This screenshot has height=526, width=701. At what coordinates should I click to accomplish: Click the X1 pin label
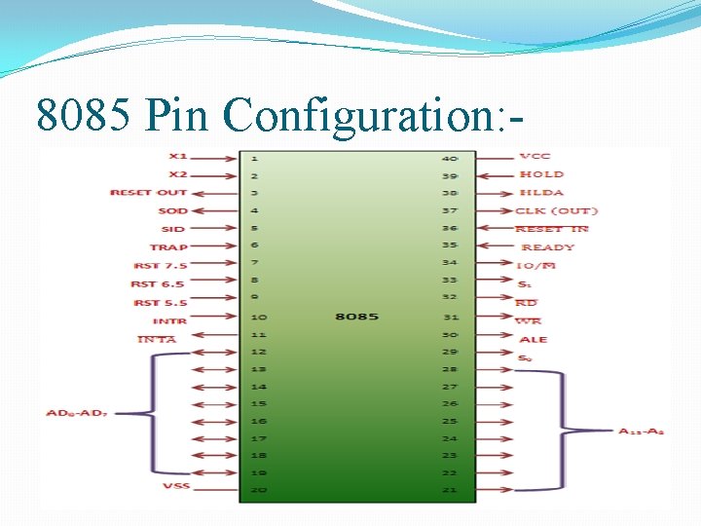(177, 156)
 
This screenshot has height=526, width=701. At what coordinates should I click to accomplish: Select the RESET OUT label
(148, 193)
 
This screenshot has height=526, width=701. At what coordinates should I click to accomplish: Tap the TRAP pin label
(168, 247)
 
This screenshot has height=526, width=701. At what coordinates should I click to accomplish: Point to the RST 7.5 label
(160, 265)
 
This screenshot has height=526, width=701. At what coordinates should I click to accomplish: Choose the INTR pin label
(169, 320)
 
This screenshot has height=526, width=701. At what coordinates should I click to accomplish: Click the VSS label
(175, 485)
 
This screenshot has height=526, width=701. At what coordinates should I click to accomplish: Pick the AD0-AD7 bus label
(77, 414)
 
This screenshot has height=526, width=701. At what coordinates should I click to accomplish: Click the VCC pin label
(535, 156)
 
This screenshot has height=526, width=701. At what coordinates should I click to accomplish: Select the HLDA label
(541, 193)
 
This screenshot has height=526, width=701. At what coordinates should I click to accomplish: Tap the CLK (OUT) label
(556, 210)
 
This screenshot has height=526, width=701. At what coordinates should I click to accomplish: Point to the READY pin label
(548, 247)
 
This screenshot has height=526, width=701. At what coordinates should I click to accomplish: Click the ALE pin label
(534, 339)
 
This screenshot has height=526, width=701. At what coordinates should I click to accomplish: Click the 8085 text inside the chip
(356, 317)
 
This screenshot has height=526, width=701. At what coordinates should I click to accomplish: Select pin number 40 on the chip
(449, 158)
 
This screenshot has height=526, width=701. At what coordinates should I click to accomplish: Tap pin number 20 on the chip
(257, 489)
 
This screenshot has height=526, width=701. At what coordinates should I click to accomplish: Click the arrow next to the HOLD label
(495, 175)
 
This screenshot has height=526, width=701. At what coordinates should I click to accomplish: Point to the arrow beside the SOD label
(215, 211)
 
